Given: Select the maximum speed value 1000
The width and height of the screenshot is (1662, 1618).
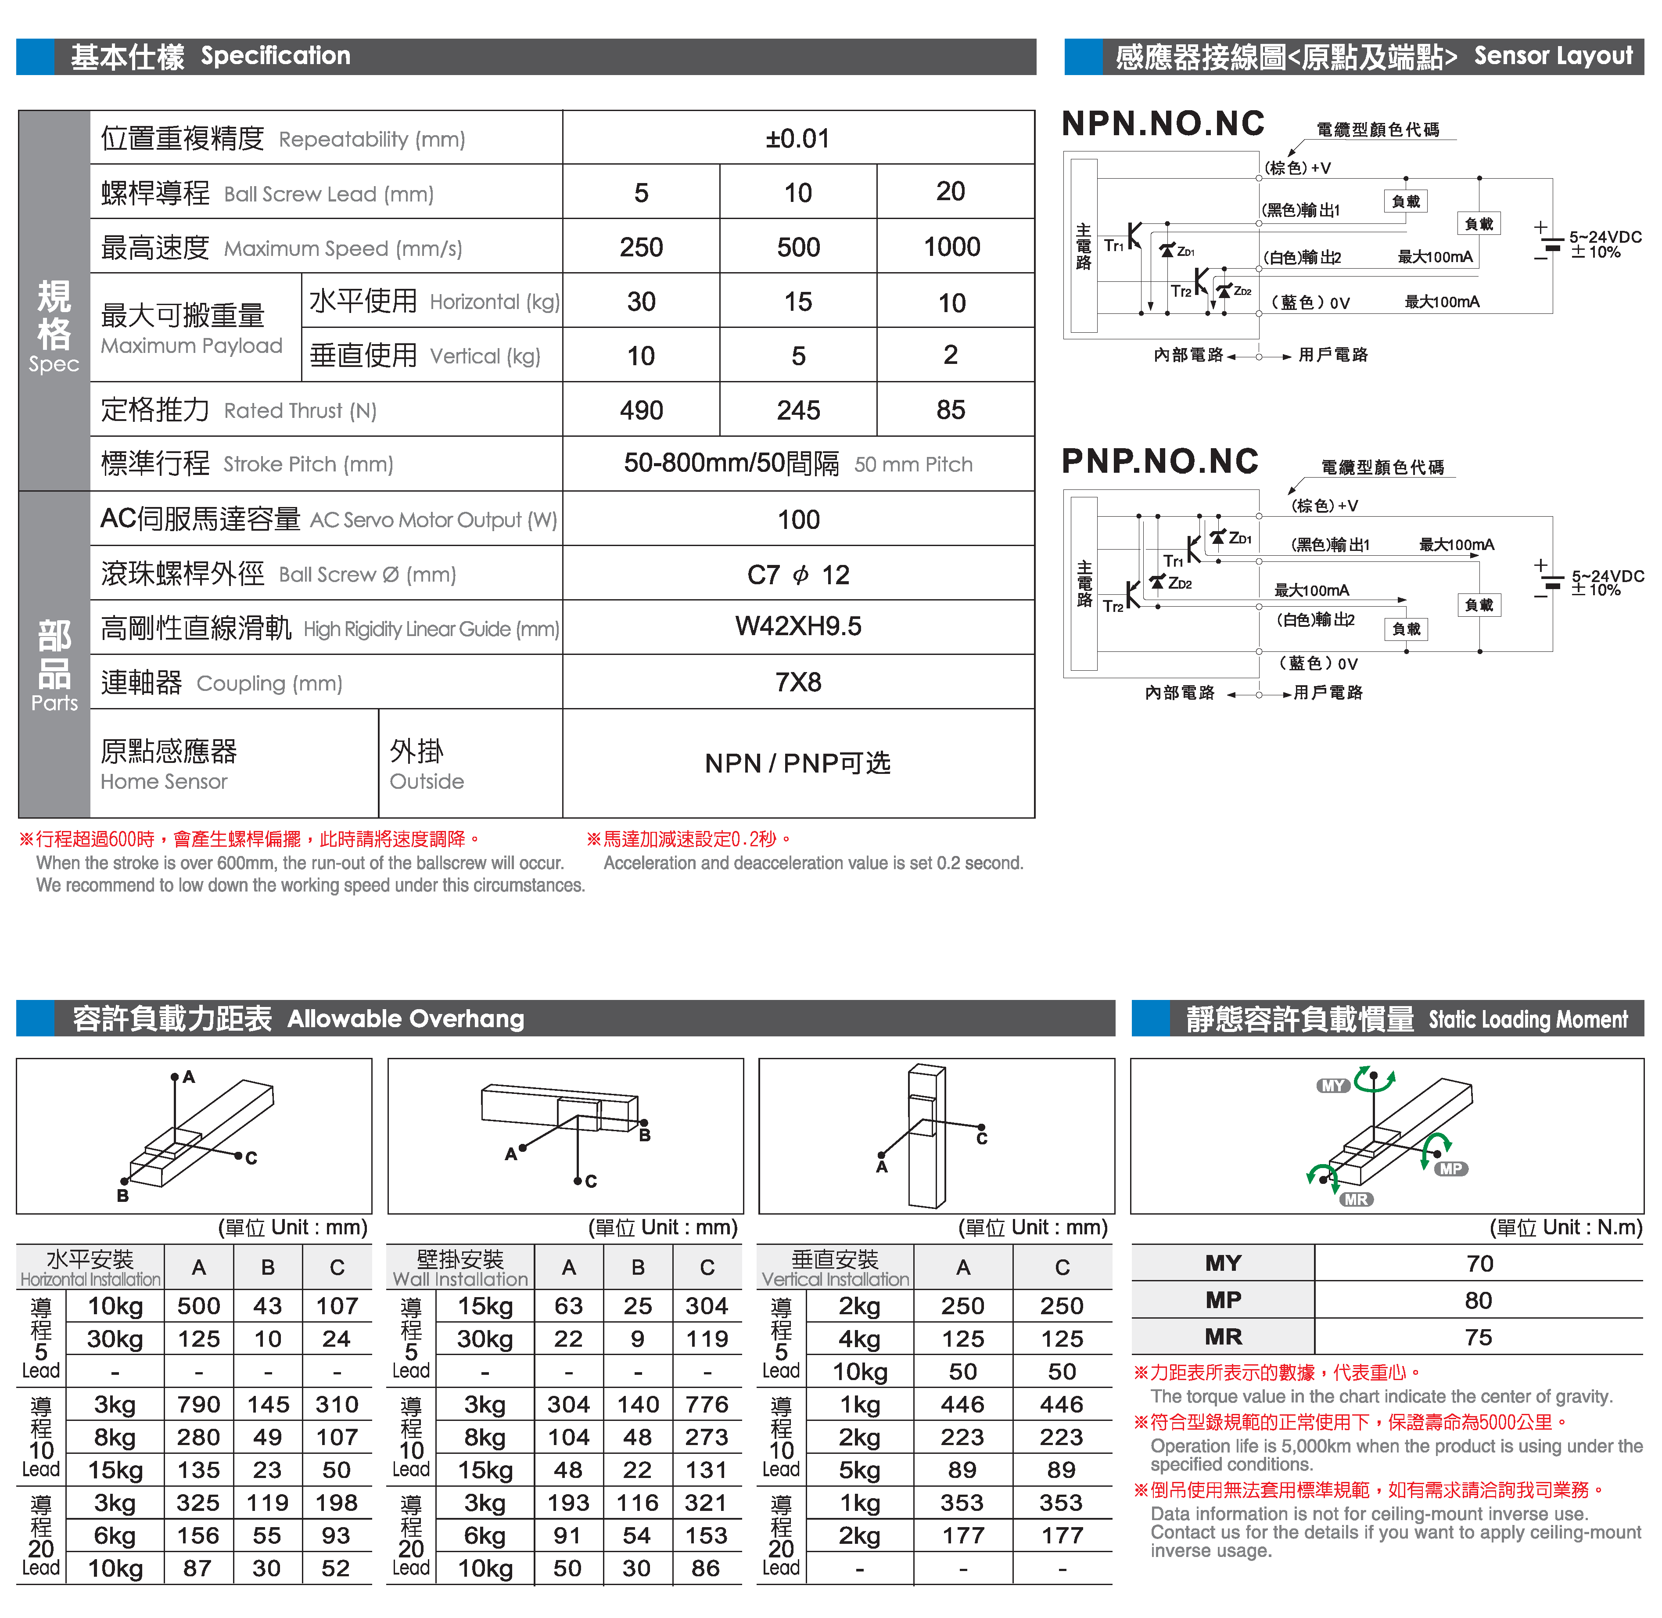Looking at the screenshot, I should point(951,247).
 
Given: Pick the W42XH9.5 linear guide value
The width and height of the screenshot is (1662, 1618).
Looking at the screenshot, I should point(798,627).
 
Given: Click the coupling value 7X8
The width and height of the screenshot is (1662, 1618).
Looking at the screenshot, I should point(798,683).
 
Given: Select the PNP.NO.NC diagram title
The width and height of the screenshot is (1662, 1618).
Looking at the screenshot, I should point(1160,461).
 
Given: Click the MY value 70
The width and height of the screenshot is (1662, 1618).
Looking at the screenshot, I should point(1479,1264).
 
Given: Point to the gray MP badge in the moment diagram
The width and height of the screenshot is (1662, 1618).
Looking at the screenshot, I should point(1450,1169).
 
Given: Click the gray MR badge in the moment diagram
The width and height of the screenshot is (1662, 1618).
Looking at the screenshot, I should point(1356,1200).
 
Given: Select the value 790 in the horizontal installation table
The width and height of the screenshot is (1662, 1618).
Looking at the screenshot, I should point(199,1405).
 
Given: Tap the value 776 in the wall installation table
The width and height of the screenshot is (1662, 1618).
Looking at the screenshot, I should point(707,1405).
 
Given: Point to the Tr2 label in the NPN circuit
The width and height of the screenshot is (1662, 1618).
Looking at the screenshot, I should point(1180,291).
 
